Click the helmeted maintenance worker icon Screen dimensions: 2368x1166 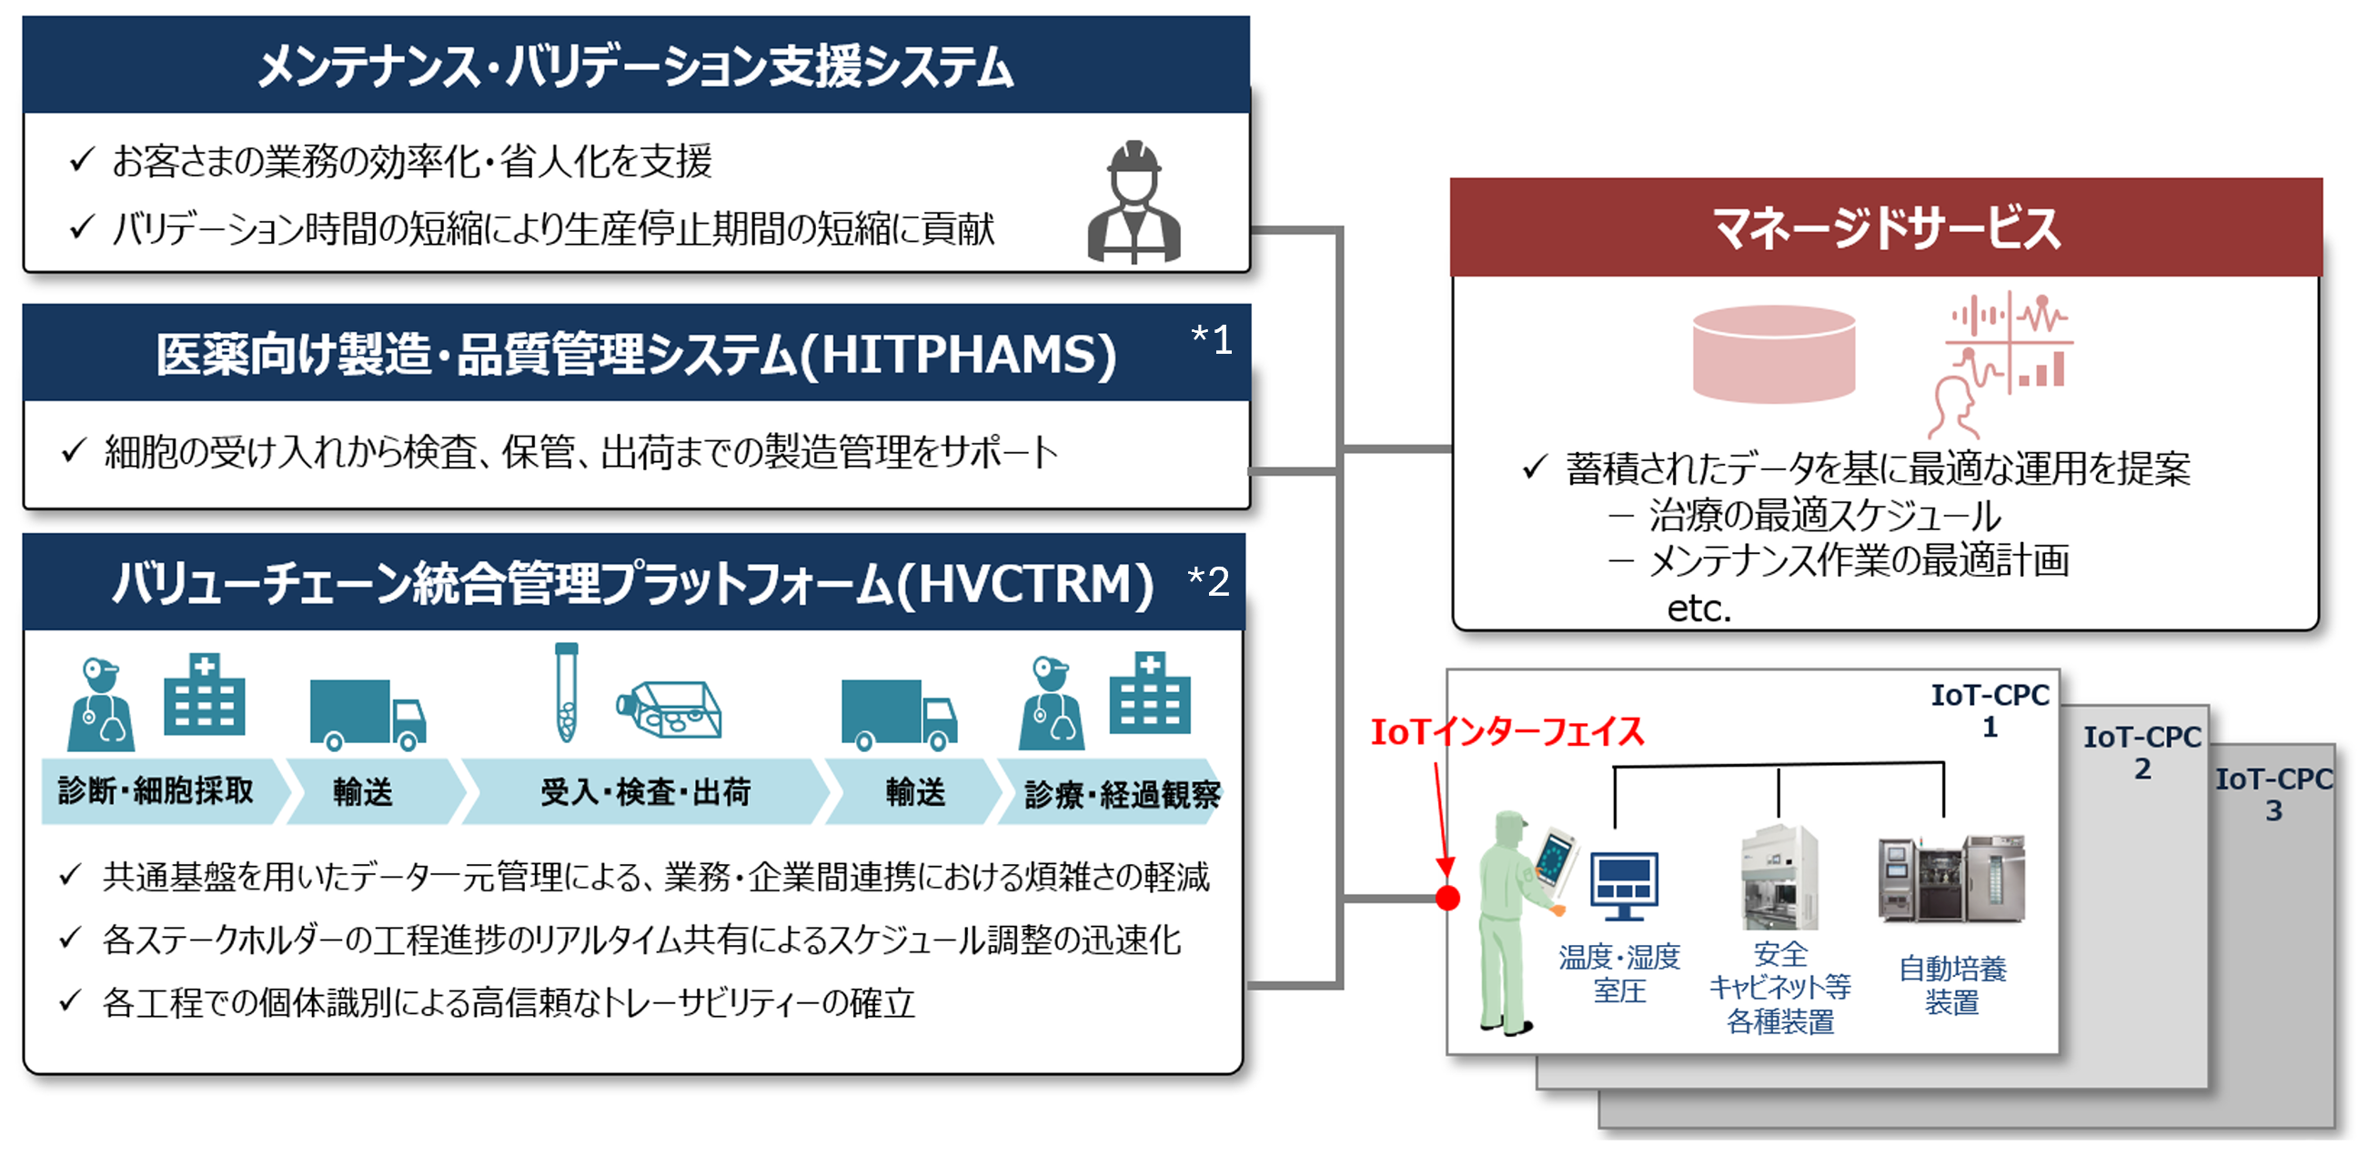(x=1134, y=201)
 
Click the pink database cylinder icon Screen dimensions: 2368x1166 (x=1773, y=354)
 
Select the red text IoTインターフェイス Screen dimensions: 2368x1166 (x=1507, y=732)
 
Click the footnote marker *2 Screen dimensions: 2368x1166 (x=1208, y=580)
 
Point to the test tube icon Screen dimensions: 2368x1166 (x=566, y=691)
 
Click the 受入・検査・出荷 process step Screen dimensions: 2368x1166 (x=645, y=791)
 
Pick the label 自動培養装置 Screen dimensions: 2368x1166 (x=1951, y=985)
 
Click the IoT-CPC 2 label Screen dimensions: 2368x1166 (x=2141, y=751)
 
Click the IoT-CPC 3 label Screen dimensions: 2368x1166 (x=2274, y=794)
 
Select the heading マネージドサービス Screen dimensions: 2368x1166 (x=1885, y=228)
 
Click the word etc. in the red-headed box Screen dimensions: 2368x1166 (x=1698, y=608)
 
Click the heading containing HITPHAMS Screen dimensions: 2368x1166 (x=636, y=355)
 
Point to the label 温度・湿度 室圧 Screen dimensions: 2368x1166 (x=1619, y=973)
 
